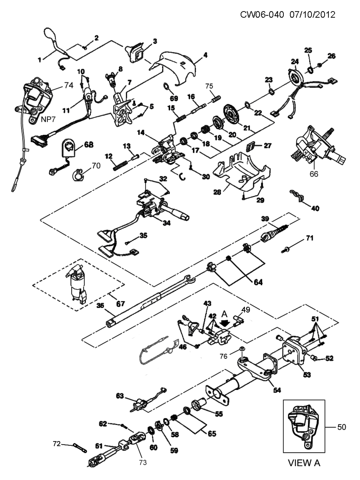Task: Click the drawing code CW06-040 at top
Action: [x=262, y=15]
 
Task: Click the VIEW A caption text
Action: [x=304, y=463]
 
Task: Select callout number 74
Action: [x=68, y=85]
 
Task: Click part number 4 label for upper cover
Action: [x=205, y=55]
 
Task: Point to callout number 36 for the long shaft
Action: [x=100, y=306]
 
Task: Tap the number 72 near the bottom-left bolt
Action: [x=57, y=444]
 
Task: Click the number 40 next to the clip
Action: [x=315, y=208]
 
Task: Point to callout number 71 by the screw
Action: [x=310, y=239]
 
